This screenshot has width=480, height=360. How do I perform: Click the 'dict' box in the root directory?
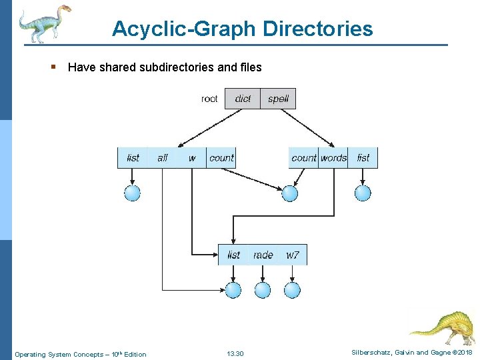[x=243, y=99]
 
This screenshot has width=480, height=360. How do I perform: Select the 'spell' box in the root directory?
[x=278, y=99]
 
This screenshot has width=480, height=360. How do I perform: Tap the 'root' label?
[x=209, y=99]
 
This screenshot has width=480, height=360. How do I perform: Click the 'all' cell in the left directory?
[x=163, y=158]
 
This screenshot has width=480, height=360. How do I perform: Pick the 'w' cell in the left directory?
[x=192, y=158]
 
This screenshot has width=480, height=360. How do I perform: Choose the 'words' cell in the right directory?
[x=333, y=158]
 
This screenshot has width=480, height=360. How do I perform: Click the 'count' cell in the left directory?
[x=221, y=158]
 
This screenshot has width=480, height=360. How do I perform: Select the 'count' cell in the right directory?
[x=304, y=158]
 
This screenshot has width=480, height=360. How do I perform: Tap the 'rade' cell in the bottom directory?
[x=263, y=255]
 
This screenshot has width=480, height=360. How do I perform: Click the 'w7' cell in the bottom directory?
[x=293, y=255]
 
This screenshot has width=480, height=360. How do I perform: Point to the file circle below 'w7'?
[x=293, y=290]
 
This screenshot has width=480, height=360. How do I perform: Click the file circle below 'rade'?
[x=263, y=290]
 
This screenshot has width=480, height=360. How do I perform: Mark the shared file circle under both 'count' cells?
[x=289, y=193]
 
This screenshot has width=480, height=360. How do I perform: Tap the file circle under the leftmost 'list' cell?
[x=133, y=193]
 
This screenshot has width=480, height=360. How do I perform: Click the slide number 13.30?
[x=235, y=353]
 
